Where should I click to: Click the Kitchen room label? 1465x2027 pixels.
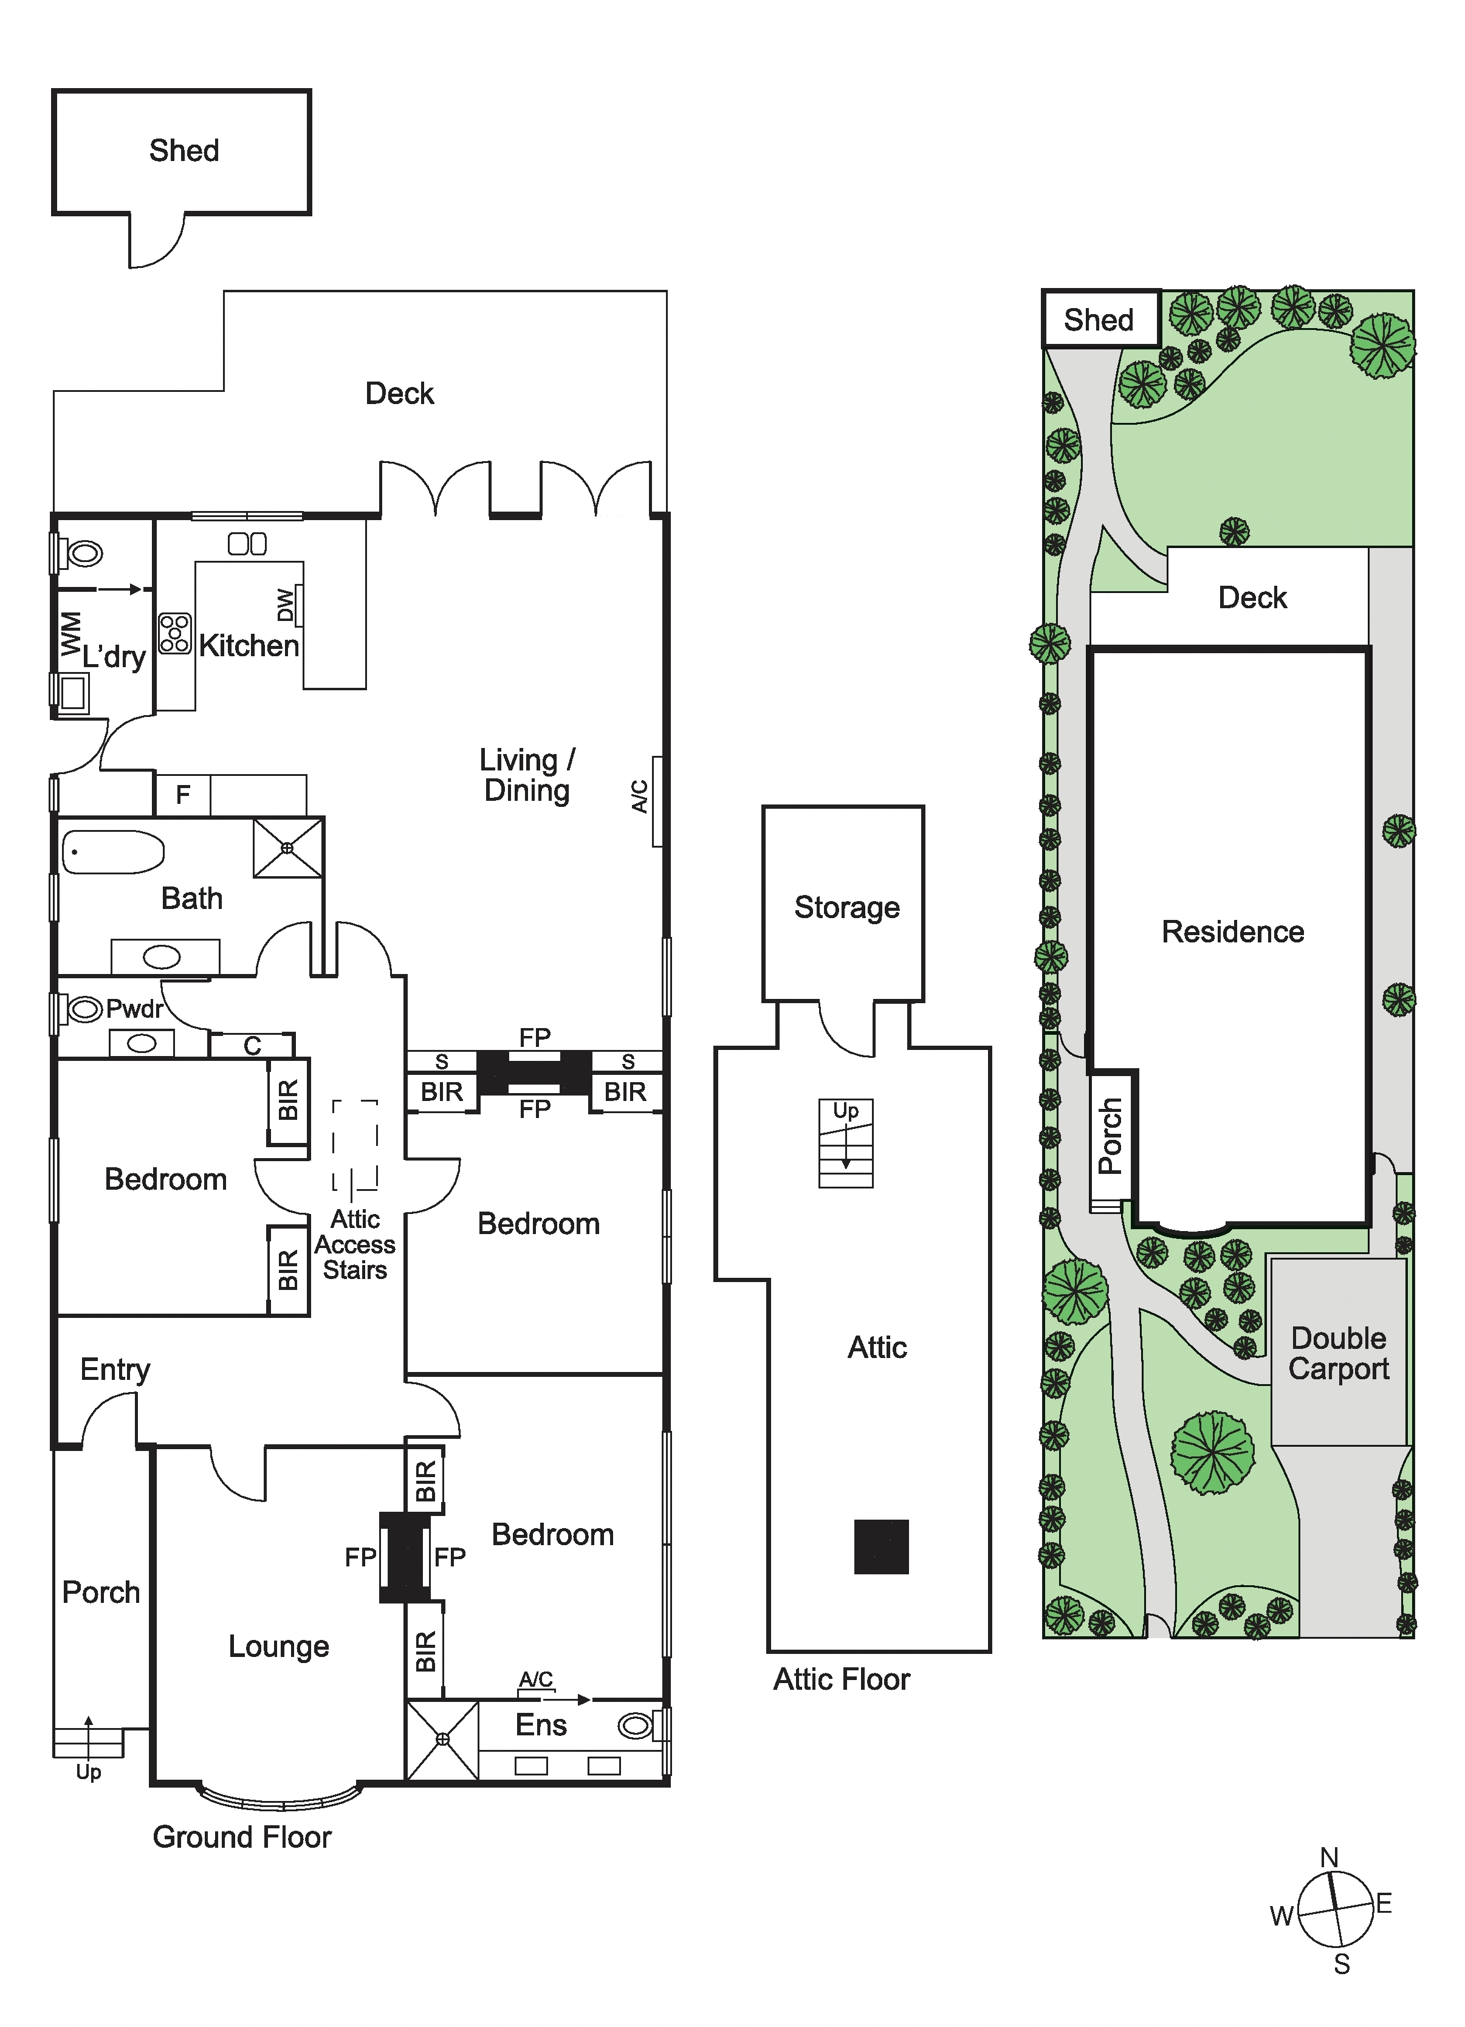pos(249,645)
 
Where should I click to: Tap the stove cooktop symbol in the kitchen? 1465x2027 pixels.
pos(175,633)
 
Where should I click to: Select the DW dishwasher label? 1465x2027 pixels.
pos(285,605)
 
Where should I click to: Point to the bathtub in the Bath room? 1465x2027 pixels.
pos(112,852)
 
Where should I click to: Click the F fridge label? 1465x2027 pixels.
pos(184,795)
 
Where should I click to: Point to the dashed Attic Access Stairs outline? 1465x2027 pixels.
pos(355,1145)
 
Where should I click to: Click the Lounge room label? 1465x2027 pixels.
pos(279,1646)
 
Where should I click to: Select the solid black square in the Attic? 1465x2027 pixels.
pos(881,1546)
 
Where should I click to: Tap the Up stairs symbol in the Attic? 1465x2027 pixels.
pos(846,1143)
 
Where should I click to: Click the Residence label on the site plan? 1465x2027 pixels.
pos(1233,931)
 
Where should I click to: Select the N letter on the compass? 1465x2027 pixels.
pos(1329,1857)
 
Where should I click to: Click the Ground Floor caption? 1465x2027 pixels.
pos(242,1837)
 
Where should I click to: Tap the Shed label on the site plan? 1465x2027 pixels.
pos(1099,319)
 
